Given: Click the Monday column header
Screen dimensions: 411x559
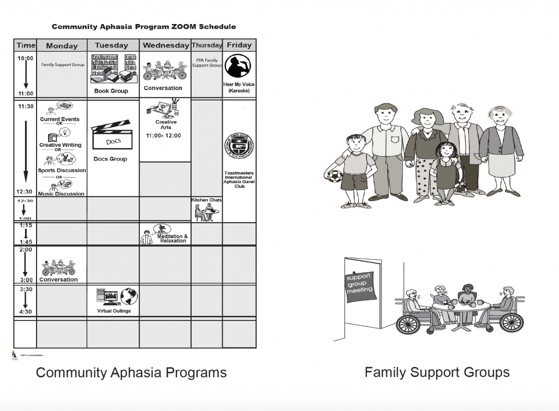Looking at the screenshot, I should click(62, 46).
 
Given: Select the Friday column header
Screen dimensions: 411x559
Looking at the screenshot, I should click(239, 45).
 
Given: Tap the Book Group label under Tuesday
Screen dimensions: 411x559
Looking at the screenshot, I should click(111, 91).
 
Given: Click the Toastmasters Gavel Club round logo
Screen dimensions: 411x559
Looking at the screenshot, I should click(239, 147).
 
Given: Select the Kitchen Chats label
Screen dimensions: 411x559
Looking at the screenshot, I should click(206, 200).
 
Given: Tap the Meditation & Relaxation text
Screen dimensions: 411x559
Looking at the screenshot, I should click(173, 239).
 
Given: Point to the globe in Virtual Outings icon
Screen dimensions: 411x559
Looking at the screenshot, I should click(129, 296).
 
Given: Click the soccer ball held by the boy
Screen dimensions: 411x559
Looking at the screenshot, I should click(332, 179).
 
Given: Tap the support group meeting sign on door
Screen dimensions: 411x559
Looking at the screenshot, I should click(359, 284).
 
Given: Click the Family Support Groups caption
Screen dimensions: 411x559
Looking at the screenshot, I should click(437, 373).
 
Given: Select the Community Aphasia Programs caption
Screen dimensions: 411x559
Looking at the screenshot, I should click(131, 373).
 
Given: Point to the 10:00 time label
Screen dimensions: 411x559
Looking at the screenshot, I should click(25, 58).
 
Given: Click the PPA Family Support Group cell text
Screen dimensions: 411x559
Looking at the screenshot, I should click(206, 63).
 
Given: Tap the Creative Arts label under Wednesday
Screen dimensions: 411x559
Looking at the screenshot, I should click(166, 125).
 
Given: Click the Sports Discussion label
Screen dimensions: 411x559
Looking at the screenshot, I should click(62, 170).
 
